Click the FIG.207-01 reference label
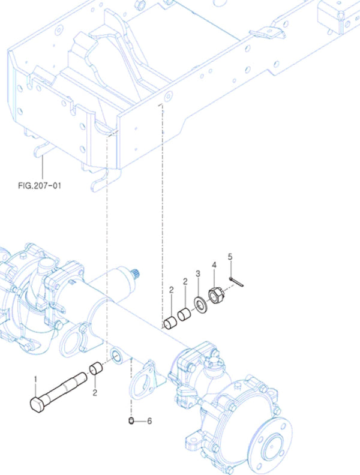coord(40,185)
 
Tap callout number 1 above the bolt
coord(35,379)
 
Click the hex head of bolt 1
coord(38,404)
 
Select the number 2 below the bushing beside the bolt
coord(95,393)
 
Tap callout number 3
coord(198,274)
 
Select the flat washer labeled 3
coord(200,305)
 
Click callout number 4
coord(214,265)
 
